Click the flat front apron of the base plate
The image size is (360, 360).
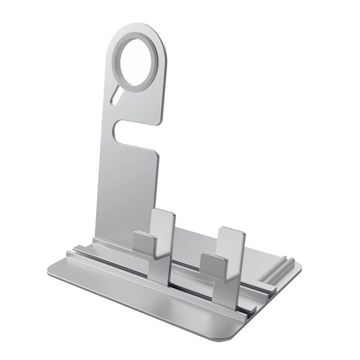pos(150,303)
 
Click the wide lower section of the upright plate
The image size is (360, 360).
pos(126,192)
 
